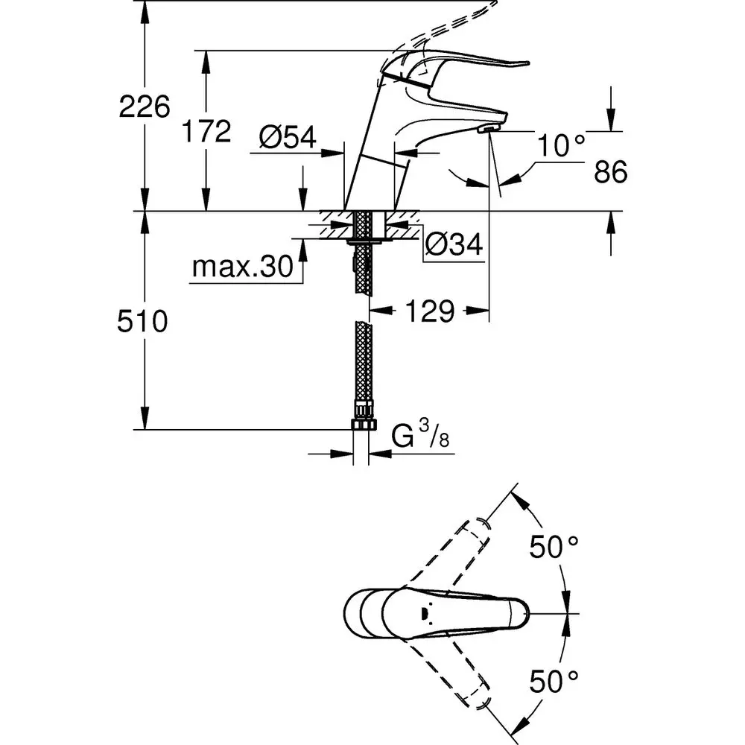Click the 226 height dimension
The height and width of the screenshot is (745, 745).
(x=145, y=109)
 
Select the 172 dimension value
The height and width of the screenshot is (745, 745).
(x=206, y=132)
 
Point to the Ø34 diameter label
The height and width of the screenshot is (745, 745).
(x=454, y=243)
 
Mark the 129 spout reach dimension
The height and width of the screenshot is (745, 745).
(x=430, y=311)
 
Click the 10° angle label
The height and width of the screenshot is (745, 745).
(x=562, y=146)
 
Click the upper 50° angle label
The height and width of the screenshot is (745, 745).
(x=554, y=548)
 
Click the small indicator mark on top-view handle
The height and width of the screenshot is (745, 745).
(x=425, y=613)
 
